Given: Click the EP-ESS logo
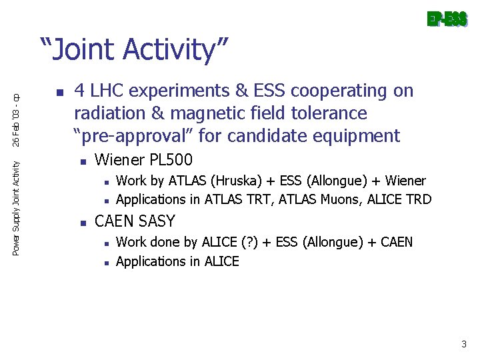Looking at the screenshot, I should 447,20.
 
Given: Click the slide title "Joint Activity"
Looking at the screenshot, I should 135,50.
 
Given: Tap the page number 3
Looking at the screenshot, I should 463,345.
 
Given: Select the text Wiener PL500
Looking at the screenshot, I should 143,160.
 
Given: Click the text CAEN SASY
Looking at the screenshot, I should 135,221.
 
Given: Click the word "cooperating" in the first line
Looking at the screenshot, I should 331,91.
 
